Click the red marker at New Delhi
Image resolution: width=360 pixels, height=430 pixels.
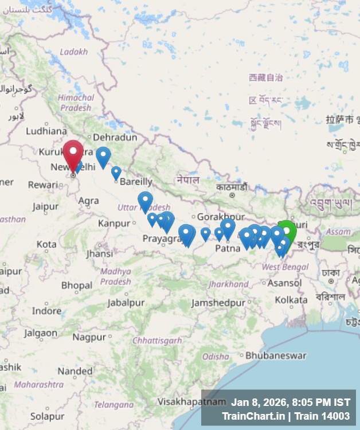pos(73,154)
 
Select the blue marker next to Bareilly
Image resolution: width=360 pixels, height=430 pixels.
pos(116,173)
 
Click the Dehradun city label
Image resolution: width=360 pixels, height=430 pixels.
pos(115,137)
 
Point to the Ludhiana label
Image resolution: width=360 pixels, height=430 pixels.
pos(46,130)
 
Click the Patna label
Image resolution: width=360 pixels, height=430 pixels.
pos(228,248)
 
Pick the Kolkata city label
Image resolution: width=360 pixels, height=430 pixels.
pos(291,300)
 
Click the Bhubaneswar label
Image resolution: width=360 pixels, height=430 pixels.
pos(276,355)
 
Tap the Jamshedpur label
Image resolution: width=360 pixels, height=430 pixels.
pos(218,302)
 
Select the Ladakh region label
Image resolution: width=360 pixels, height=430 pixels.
pos(74,52)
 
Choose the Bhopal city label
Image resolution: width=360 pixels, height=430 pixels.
pos(77,285)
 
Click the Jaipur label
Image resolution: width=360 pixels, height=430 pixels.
pos(46,206)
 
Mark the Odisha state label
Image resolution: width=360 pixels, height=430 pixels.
pos(216,356)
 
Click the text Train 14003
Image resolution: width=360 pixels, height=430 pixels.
pos(325,416)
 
